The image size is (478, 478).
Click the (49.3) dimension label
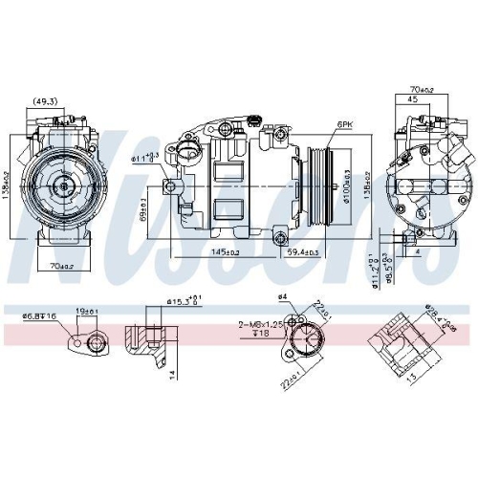pyautogui.click(x=45, y=100)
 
